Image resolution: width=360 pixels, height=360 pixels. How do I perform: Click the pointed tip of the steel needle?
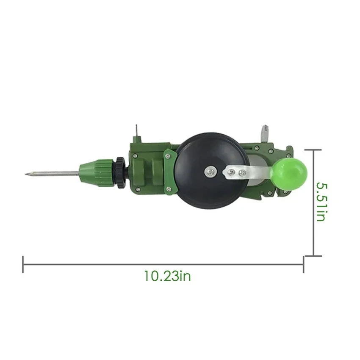(x=26, y=174)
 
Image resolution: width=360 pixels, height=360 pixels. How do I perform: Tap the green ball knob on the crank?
(x=290, y=174)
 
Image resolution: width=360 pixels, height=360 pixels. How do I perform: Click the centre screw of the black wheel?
(x=211, y=171)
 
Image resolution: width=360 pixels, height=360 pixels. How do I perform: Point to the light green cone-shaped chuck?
(x=96, y=173)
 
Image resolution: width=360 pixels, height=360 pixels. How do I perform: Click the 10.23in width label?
(x=167, y=276)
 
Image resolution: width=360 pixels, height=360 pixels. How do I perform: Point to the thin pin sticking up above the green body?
(x=137, y=130)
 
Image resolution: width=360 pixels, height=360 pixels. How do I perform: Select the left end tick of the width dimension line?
(x=23, y=264)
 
